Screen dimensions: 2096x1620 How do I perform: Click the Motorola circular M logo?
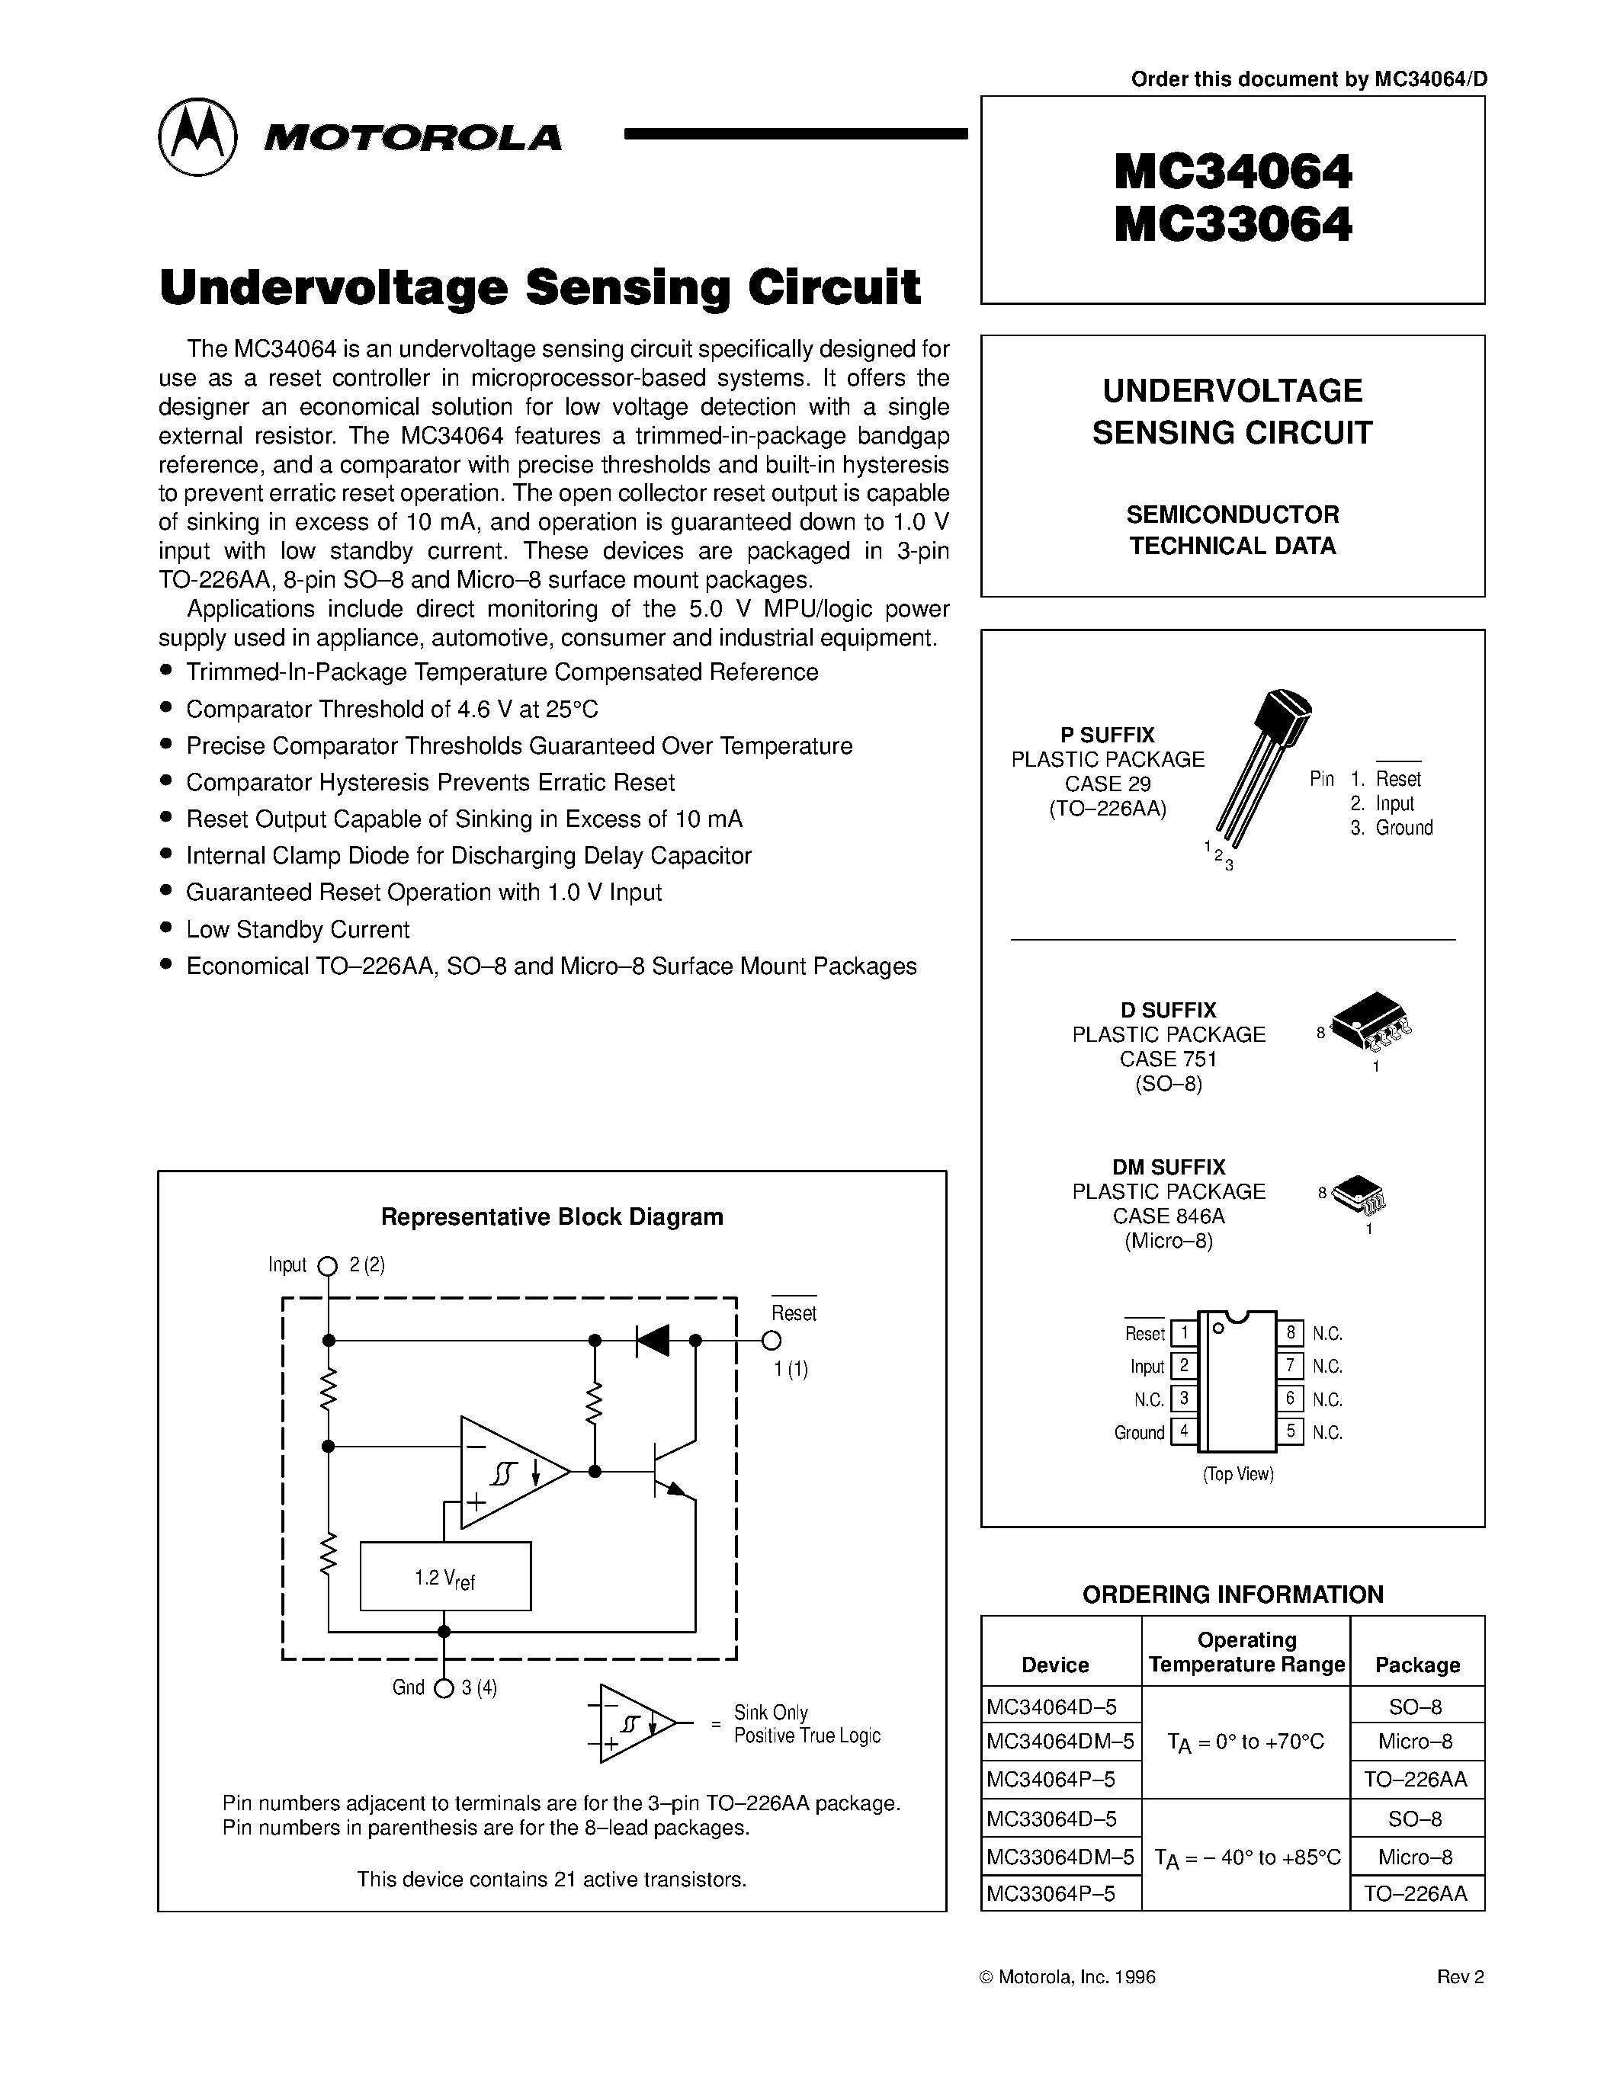[197, 136]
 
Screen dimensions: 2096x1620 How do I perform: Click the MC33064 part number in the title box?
[1232, 226]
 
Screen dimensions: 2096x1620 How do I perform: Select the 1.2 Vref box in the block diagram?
[445, 1576]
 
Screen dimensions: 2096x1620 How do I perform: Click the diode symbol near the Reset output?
[653, 1340]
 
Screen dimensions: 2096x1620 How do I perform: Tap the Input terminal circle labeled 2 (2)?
[327, 1266]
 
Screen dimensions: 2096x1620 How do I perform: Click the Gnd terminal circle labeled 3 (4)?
[444, 1688]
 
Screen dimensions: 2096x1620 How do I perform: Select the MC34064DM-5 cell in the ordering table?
[1060, 1741]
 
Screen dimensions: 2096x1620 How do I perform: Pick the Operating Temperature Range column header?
[1246, 1652]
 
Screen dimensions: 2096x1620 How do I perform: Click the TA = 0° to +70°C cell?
[1246, 1742]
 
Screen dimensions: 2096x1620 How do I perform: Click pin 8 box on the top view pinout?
[1291, 1333]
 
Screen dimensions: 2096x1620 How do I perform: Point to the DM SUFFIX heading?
[1168, 1167]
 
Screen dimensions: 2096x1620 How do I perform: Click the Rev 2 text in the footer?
[1460, 1977]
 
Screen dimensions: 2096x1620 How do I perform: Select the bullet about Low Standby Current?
[297, 929]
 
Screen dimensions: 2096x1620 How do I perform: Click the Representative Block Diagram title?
[552, 1217]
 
